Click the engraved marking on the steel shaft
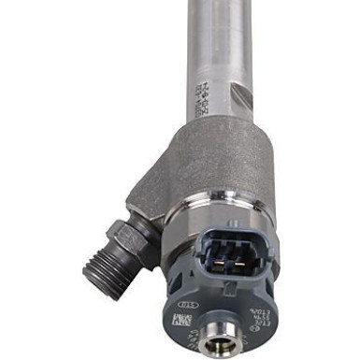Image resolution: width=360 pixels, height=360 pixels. click(x=202, y=94)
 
